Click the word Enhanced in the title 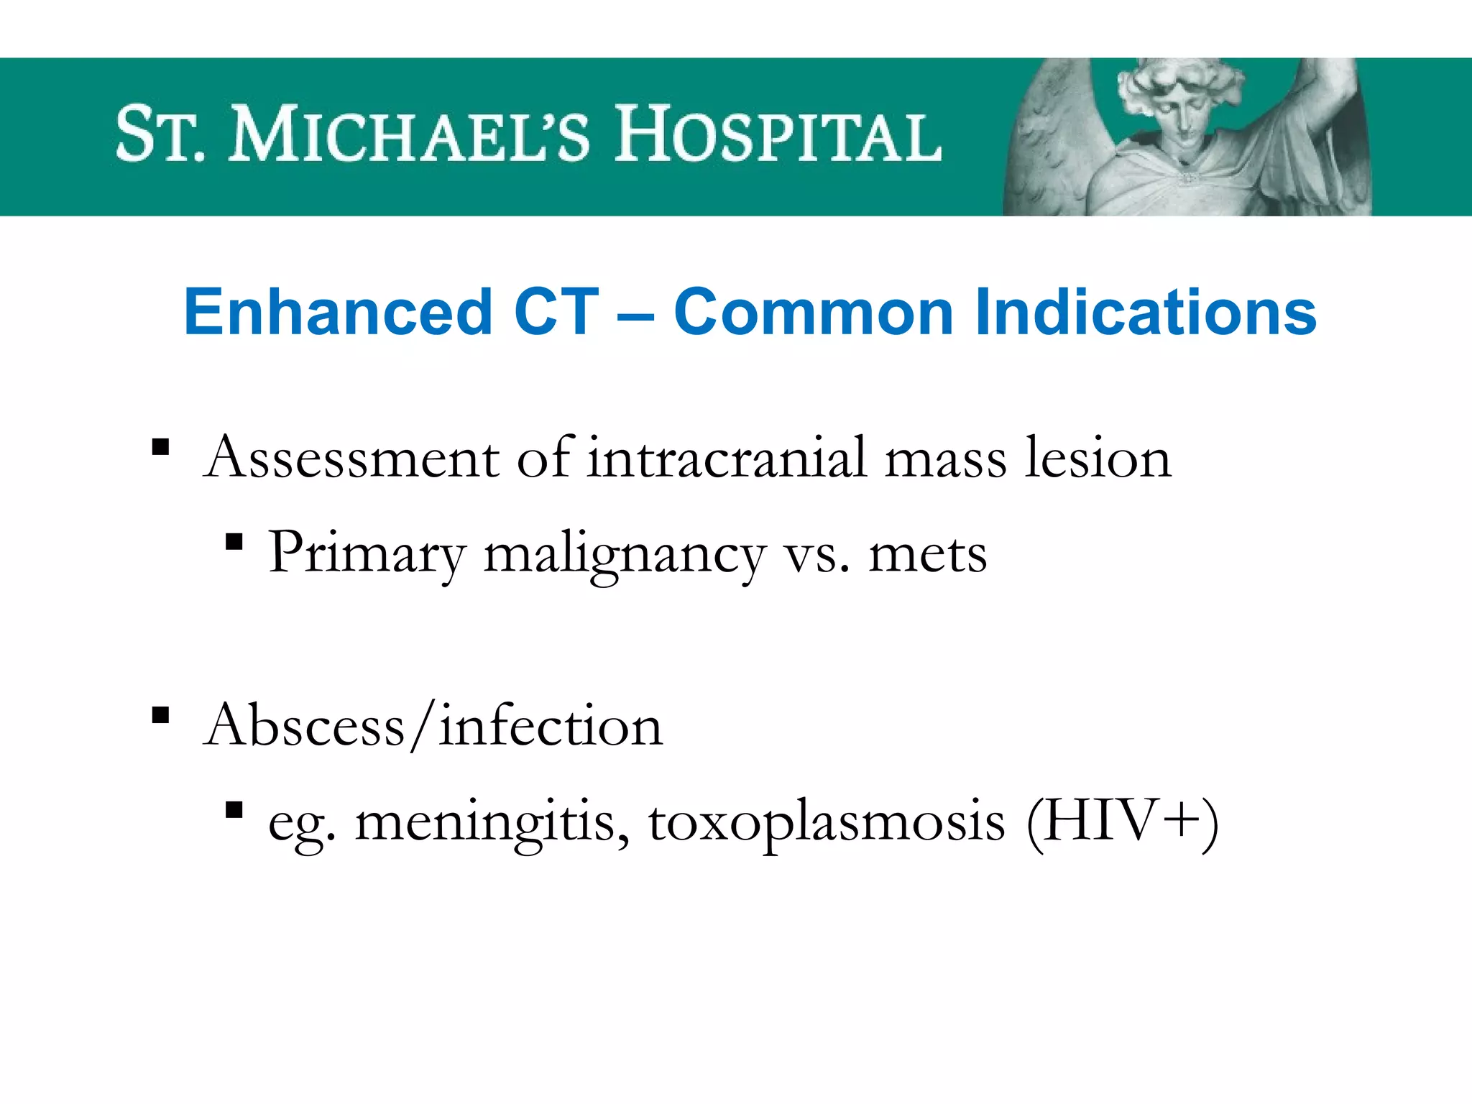click(338, 312)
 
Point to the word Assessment click(351, 458)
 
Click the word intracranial click(727, 458)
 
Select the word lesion click(1098, 458)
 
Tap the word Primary click(367, 554)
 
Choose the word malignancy click(625, 554)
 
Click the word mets click(927, 554)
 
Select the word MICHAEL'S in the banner click(409, 134)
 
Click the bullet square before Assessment click(161, 448)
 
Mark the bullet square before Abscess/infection click(161, 715)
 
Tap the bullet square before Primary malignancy click(234, 542)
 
